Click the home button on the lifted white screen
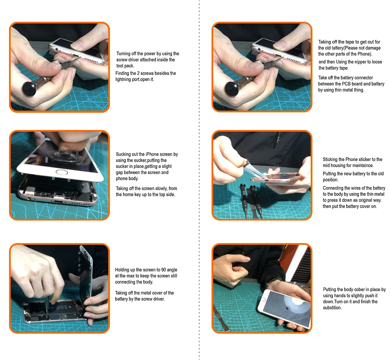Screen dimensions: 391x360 click(x=62, y=172)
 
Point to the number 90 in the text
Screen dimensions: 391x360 click(x=163, y=270)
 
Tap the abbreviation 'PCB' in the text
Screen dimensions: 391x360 click(x=346, y=84)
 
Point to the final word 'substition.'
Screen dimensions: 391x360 click(x=333, y=308)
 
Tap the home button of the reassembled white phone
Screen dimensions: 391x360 click(x=264, y=299)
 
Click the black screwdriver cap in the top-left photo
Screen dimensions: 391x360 click(x=30, y=88)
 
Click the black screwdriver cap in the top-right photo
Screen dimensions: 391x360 click(x=232, y=88)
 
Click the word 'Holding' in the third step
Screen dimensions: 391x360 click(x=122, y=270)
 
